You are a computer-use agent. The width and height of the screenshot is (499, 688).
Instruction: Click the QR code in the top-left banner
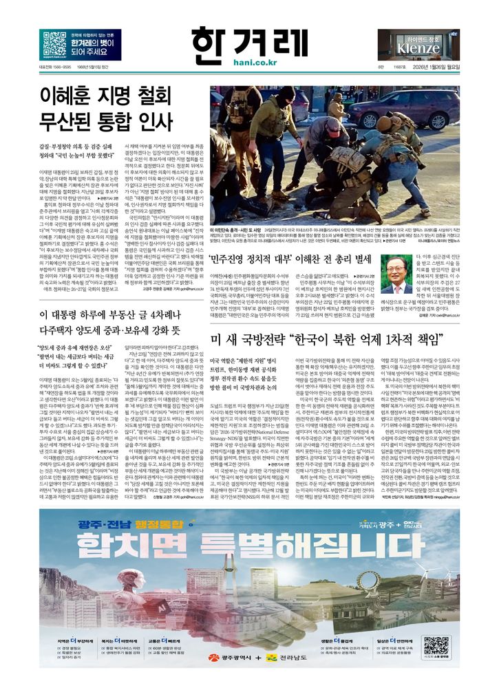(54, 43)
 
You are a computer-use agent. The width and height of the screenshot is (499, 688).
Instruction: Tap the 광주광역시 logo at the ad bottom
(213, 658)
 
